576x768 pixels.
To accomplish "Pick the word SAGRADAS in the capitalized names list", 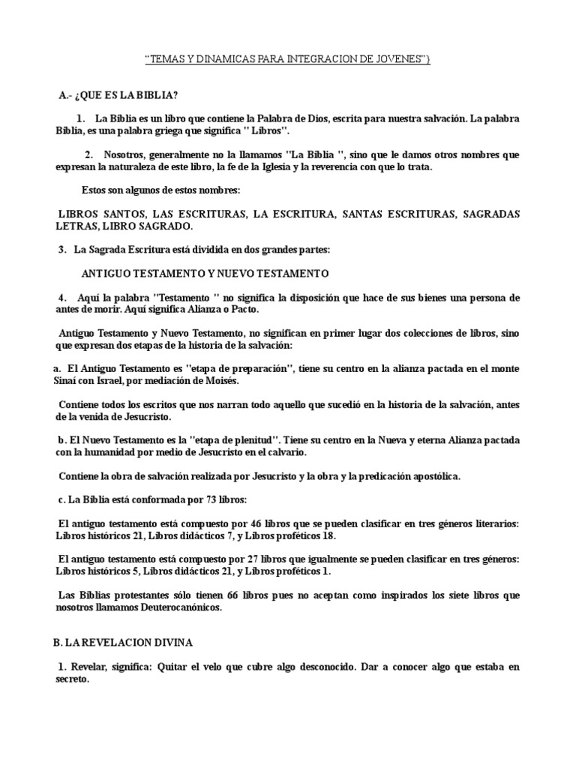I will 490,214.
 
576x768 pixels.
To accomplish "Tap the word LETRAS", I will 76,226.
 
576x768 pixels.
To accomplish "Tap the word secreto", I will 72,679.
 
